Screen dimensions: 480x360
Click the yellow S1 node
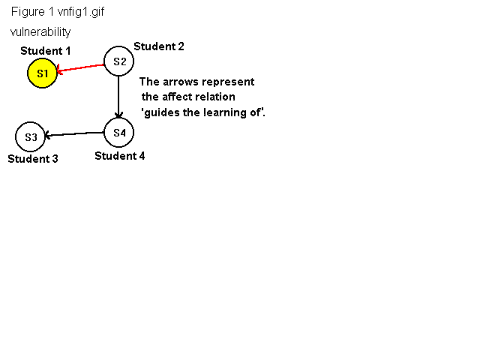point(42,73)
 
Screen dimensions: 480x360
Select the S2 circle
point(118,61)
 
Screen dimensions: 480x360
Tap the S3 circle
point(30,136)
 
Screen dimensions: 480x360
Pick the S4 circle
point(118,133)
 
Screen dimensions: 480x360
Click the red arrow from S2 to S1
point(80,68)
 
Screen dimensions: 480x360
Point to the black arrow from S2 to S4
point(118,97)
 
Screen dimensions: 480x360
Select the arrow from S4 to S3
point(74,134)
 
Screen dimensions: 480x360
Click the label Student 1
point(46,51)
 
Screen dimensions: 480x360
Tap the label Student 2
point(159,46)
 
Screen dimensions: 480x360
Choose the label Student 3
point(33,158)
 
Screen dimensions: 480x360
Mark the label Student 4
point(120,156)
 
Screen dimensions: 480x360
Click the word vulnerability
point(40,31)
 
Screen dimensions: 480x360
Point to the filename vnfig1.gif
point(81,12)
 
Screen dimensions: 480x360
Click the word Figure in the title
point(28,12)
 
